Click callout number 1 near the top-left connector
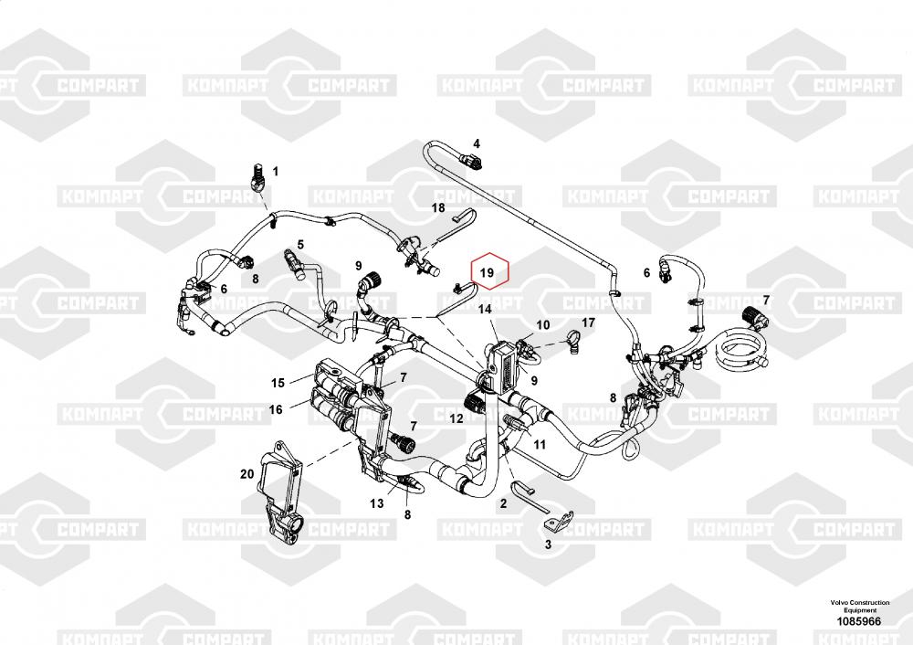tap(275, 171)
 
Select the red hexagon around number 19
tap(488, 271)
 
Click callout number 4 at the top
tap(476, 143)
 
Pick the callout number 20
tap(246, 473)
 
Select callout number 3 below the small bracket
tap(548, 545)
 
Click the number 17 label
tap(588, 322)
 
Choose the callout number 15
tap(278, 382)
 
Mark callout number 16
tap(275, 409)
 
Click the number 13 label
tap(376, 502)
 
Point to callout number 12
tap(456, 418)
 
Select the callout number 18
tap(437, 208)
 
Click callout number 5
tap(299, 245)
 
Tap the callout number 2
tap(502, 502)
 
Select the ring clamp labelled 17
tap(573, 343)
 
